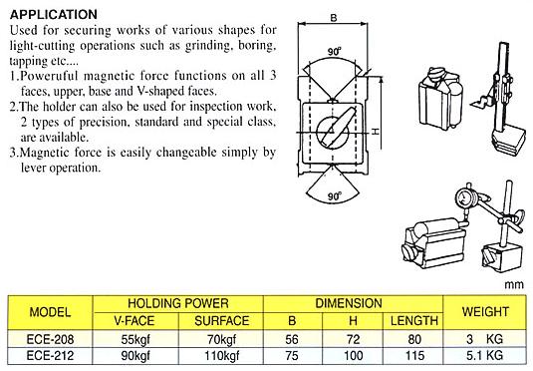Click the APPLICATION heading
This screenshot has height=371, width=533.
pos(54,14)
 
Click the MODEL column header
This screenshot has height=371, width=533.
pos(50,312)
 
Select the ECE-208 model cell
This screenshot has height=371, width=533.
pos(50,339)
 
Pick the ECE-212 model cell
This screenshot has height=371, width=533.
pos(50,356)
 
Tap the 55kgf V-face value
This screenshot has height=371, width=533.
pos(135,339)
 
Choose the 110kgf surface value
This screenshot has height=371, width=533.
pos(221,356)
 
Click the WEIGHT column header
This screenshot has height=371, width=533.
pos(485,312)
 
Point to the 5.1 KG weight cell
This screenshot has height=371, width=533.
pos(484,356)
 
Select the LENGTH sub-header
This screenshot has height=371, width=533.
pos(414,320)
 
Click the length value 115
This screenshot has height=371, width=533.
pos(414,356)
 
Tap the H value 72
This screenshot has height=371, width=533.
pos(354,339)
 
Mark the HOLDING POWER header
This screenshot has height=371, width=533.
pos(178,303)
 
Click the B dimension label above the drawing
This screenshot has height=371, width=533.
pos(334,18)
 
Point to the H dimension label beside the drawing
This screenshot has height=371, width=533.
pos(376,131)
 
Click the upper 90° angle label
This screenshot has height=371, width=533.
pos(335,52)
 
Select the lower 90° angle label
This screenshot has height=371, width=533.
pos(335,196)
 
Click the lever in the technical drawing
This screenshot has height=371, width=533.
pos(339,126)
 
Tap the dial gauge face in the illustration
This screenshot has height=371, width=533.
pos(463,197)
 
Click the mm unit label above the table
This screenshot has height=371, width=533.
pos(514,284)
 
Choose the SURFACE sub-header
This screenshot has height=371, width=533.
pos(221,320)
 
